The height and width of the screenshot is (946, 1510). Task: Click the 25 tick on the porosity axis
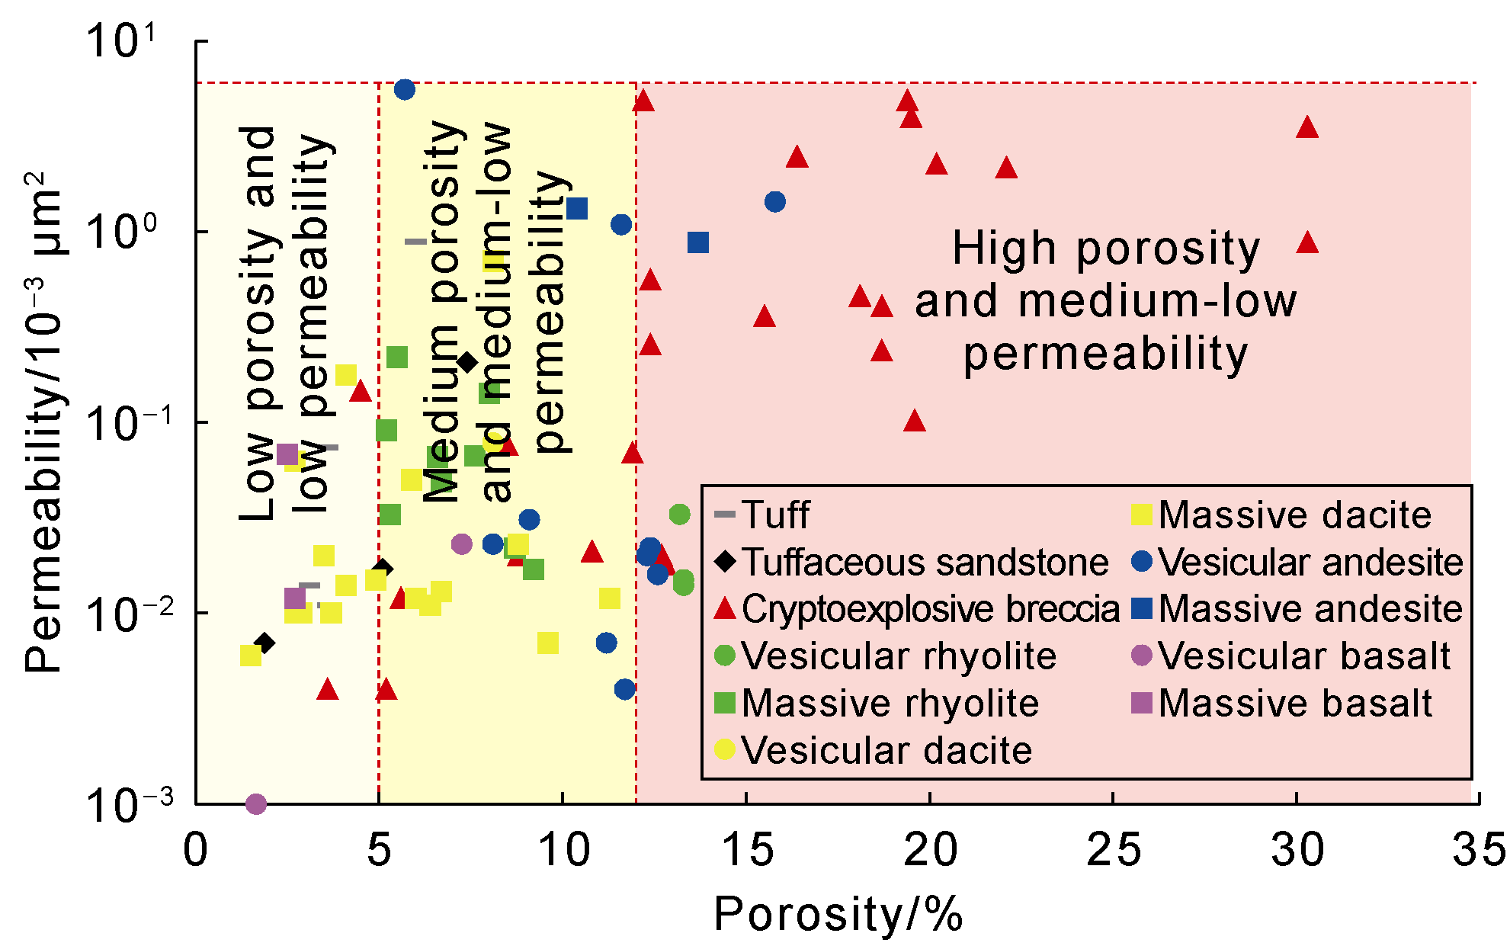click(x=1113, y=850)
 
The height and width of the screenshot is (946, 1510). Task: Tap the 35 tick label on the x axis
click(x=1479, y=850)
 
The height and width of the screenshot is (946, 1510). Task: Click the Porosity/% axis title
click(x=838, y=914)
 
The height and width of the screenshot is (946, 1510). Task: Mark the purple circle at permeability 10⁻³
click(x=256, y=804)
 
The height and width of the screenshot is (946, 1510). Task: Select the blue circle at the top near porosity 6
click(x=405, y=90)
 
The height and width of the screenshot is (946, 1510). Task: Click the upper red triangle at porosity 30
click(x=1307, y=128)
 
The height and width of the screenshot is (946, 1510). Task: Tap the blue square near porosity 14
click(x=698, y=242)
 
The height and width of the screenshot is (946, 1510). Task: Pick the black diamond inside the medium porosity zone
click(x=467, y=362)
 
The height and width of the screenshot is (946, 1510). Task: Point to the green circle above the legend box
click(x=680, y=515)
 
